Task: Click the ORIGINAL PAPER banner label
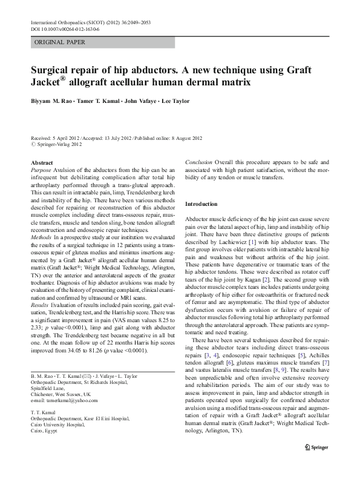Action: pos(59,42)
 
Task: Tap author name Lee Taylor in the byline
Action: pos(173,101)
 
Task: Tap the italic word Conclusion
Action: pos(198,163)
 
